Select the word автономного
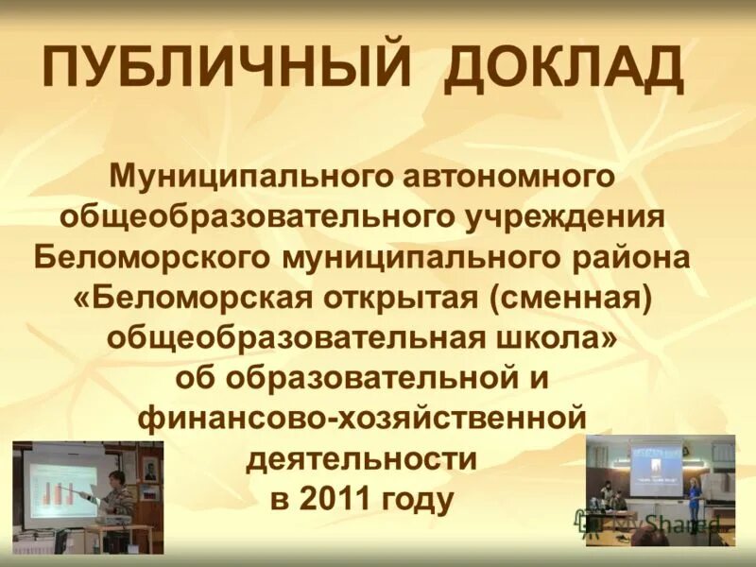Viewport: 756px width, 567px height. (x=509, y=176)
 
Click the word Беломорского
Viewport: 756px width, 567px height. (x=151, y=257)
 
